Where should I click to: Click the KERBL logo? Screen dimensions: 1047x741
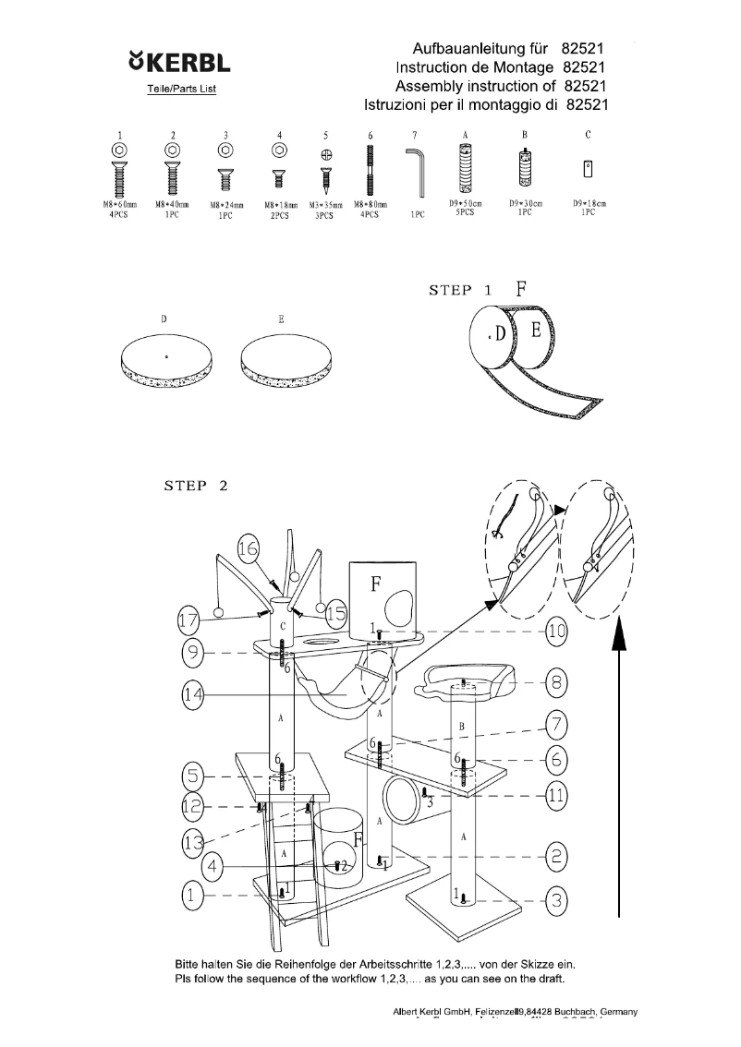pyautogui.click(x=180, y=65)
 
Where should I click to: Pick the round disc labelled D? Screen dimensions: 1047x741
pyautogui.click(x=166, y=360)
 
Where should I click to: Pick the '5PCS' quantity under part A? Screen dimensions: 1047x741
pyautogui.click(x=465, y=212)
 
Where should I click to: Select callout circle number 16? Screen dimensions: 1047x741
pyautogui.click(x=249, y=548)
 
